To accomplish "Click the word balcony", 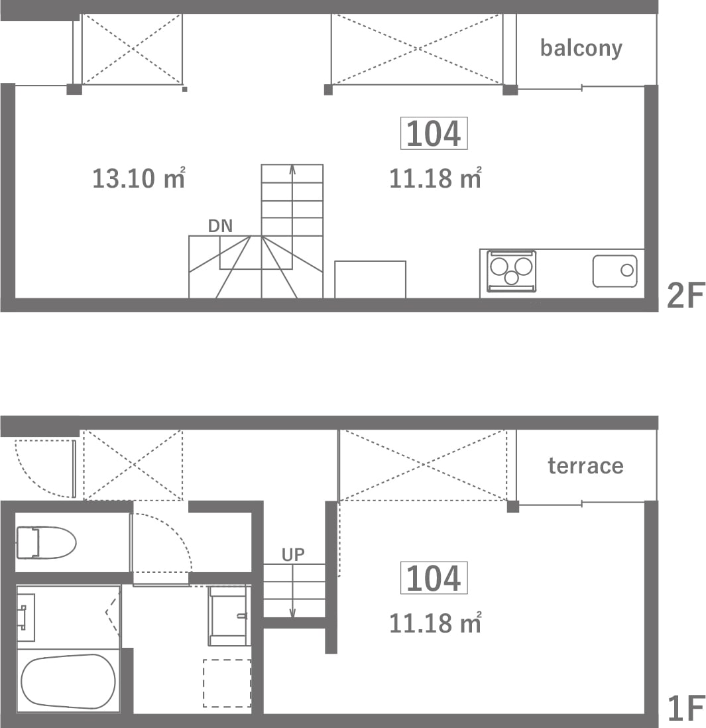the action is (x=581, y=48).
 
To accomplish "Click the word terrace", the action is (x=585, y=465).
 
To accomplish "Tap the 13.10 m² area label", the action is (x=139, y=178).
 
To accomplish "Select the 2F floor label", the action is (x=685, y=295).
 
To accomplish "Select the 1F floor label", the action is (x=685, y=709).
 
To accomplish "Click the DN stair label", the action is (x=220, y=226).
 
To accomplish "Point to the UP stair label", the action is (x=293, y=554).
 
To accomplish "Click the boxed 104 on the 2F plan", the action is (x=434, y=134).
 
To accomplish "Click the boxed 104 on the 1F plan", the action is (x=434, y=579).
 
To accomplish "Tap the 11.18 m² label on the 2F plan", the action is (x=435, y=178).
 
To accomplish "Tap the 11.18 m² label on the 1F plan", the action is (x=435, y=623).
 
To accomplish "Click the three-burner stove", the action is (x=512, y=271).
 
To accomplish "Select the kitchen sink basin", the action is (x=615, y=271).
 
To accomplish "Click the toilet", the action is (x=46, y=542).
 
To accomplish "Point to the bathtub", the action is (x=68, y=682).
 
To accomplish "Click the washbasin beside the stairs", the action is (x=228, y=616).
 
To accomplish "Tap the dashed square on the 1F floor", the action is (x=227, y=683).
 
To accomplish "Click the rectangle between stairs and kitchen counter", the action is (x=370, y=280).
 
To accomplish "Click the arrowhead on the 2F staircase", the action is (x=292, y=170).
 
